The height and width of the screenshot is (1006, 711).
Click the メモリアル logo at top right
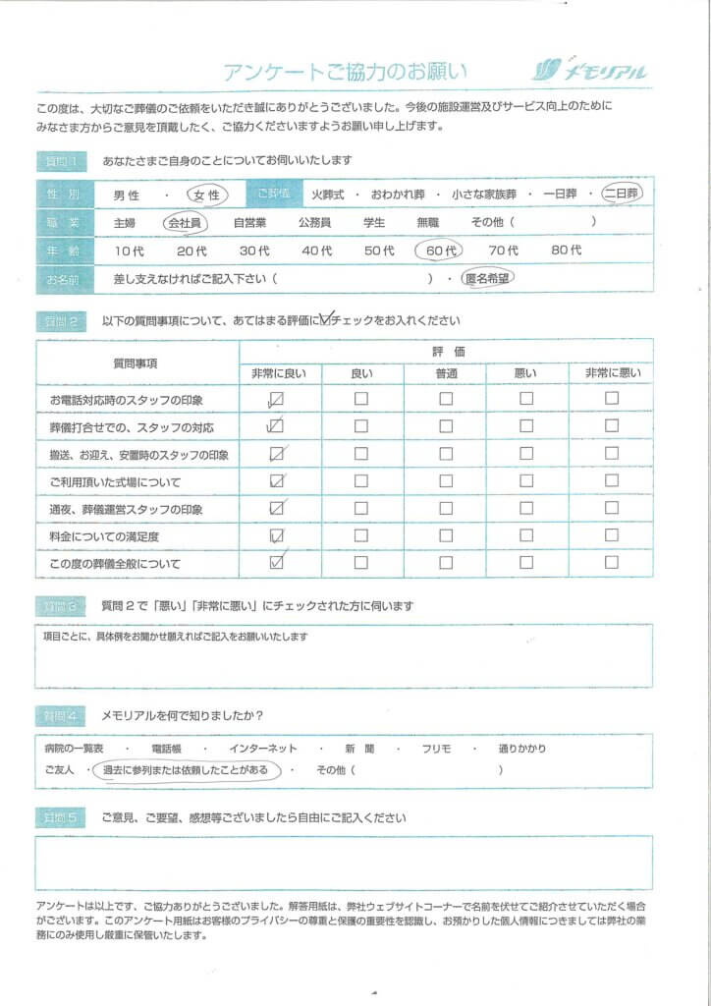590,70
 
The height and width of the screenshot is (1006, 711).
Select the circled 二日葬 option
621,194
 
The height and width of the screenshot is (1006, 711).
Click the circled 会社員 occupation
184,223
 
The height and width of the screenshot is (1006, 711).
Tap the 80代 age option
567,251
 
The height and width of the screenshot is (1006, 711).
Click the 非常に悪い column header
612,372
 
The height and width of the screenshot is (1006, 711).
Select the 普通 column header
446,372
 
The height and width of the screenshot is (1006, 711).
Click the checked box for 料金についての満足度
276,535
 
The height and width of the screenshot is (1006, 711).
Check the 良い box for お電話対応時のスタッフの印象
361,399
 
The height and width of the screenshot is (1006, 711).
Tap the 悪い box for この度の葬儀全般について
526,563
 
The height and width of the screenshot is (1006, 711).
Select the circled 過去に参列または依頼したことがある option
186,771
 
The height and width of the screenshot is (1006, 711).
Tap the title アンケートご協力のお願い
346,72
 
